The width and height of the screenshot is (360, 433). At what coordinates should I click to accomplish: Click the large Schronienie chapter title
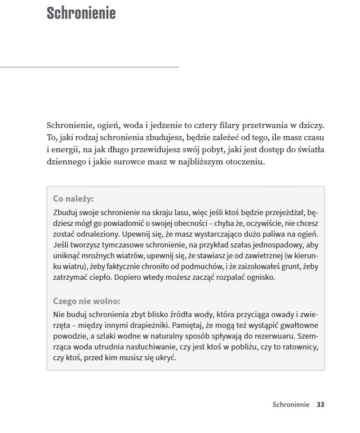tap(81, 13)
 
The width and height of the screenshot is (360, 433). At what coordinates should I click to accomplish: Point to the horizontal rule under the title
tap(89, 67)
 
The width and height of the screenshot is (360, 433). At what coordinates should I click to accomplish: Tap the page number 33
tap(320, 404)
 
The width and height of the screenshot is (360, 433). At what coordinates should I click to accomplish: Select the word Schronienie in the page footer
tap(291, 404)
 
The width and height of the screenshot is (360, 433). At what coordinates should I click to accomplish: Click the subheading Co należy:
tap(73, 199)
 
